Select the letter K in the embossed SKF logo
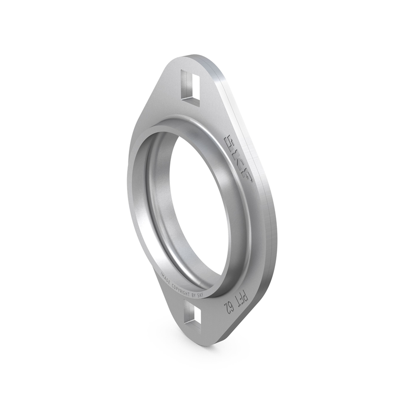[238, 160]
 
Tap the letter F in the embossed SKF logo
[246, 176]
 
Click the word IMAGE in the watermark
[166, 279]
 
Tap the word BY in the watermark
[194, 294]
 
